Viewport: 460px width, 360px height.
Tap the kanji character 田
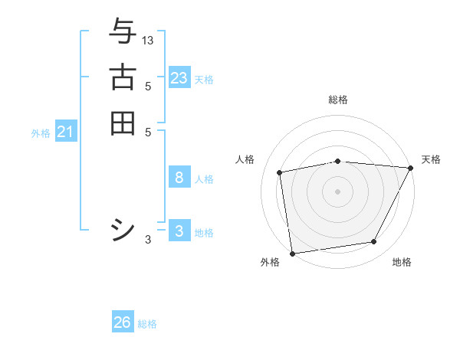[x=123, y=123]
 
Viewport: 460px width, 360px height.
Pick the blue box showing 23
[x=179, y=78]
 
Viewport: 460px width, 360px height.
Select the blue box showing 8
[x=179, y=178]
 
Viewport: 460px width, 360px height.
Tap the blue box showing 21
[x=66, y=133]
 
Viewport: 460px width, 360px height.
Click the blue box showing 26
[x=123, y=322]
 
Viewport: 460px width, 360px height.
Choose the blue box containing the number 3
[x=179, y=231]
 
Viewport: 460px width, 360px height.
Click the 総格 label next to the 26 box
[x=147, y=324]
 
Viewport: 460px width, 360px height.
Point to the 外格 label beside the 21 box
[x=41, y=133]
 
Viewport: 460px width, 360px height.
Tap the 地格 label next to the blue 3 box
[x=204, y=233]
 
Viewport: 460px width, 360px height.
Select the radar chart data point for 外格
[x=292, y=253]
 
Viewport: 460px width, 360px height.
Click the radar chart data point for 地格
[x=374, y=242]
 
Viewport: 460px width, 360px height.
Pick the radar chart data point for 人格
[x=280, y=172]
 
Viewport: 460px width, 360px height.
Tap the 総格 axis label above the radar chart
[x=338, y=100]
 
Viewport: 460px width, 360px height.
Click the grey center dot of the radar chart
[x=337, y=191]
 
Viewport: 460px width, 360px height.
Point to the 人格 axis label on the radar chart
[x=245, y=159]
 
